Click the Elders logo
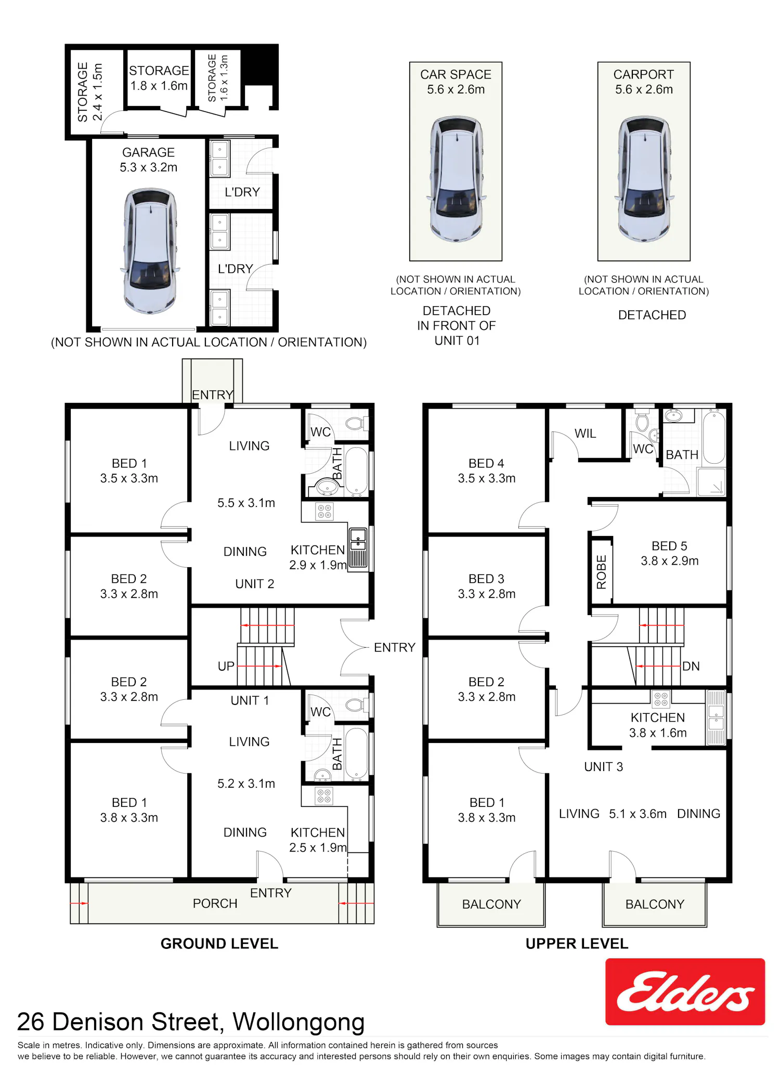point(685,991)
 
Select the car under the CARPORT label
point(644,179)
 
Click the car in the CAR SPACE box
point(456,179)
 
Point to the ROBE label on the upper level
point(602,572)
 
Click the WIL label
point(585,434)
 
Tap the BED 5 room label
point(669,546)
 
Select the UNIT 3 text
point(603,767)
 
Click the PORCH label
point(215,904)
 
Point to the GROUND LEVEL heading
point(219,944)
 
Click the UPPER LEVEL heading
point(577,944)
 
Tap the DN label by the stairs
point(691,666)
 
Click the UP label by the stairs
point(226,666)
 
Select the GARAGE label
point(148,152)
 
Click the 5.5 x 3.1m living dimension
point(246,503)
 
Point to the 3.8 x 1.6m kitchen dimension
point(658,733)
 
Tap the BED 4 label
point(486,463)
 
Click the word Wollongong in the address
point(298,1022)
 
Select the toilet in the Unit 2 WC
point(356,423)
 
